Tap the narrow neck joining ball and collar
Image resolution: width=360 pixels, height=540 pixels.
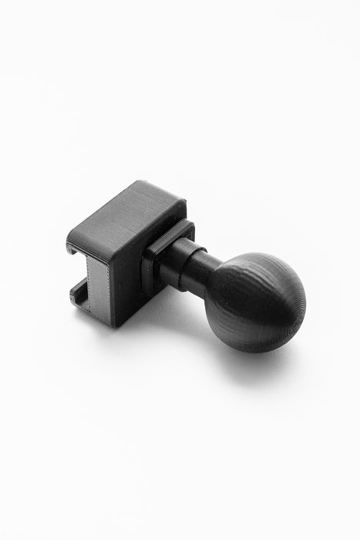(201, 268)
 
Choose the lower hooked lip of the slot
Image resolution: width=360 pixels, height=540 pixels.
(77, 294)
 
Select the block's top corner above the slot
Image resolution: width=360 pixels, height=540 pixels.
(68, 233)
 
